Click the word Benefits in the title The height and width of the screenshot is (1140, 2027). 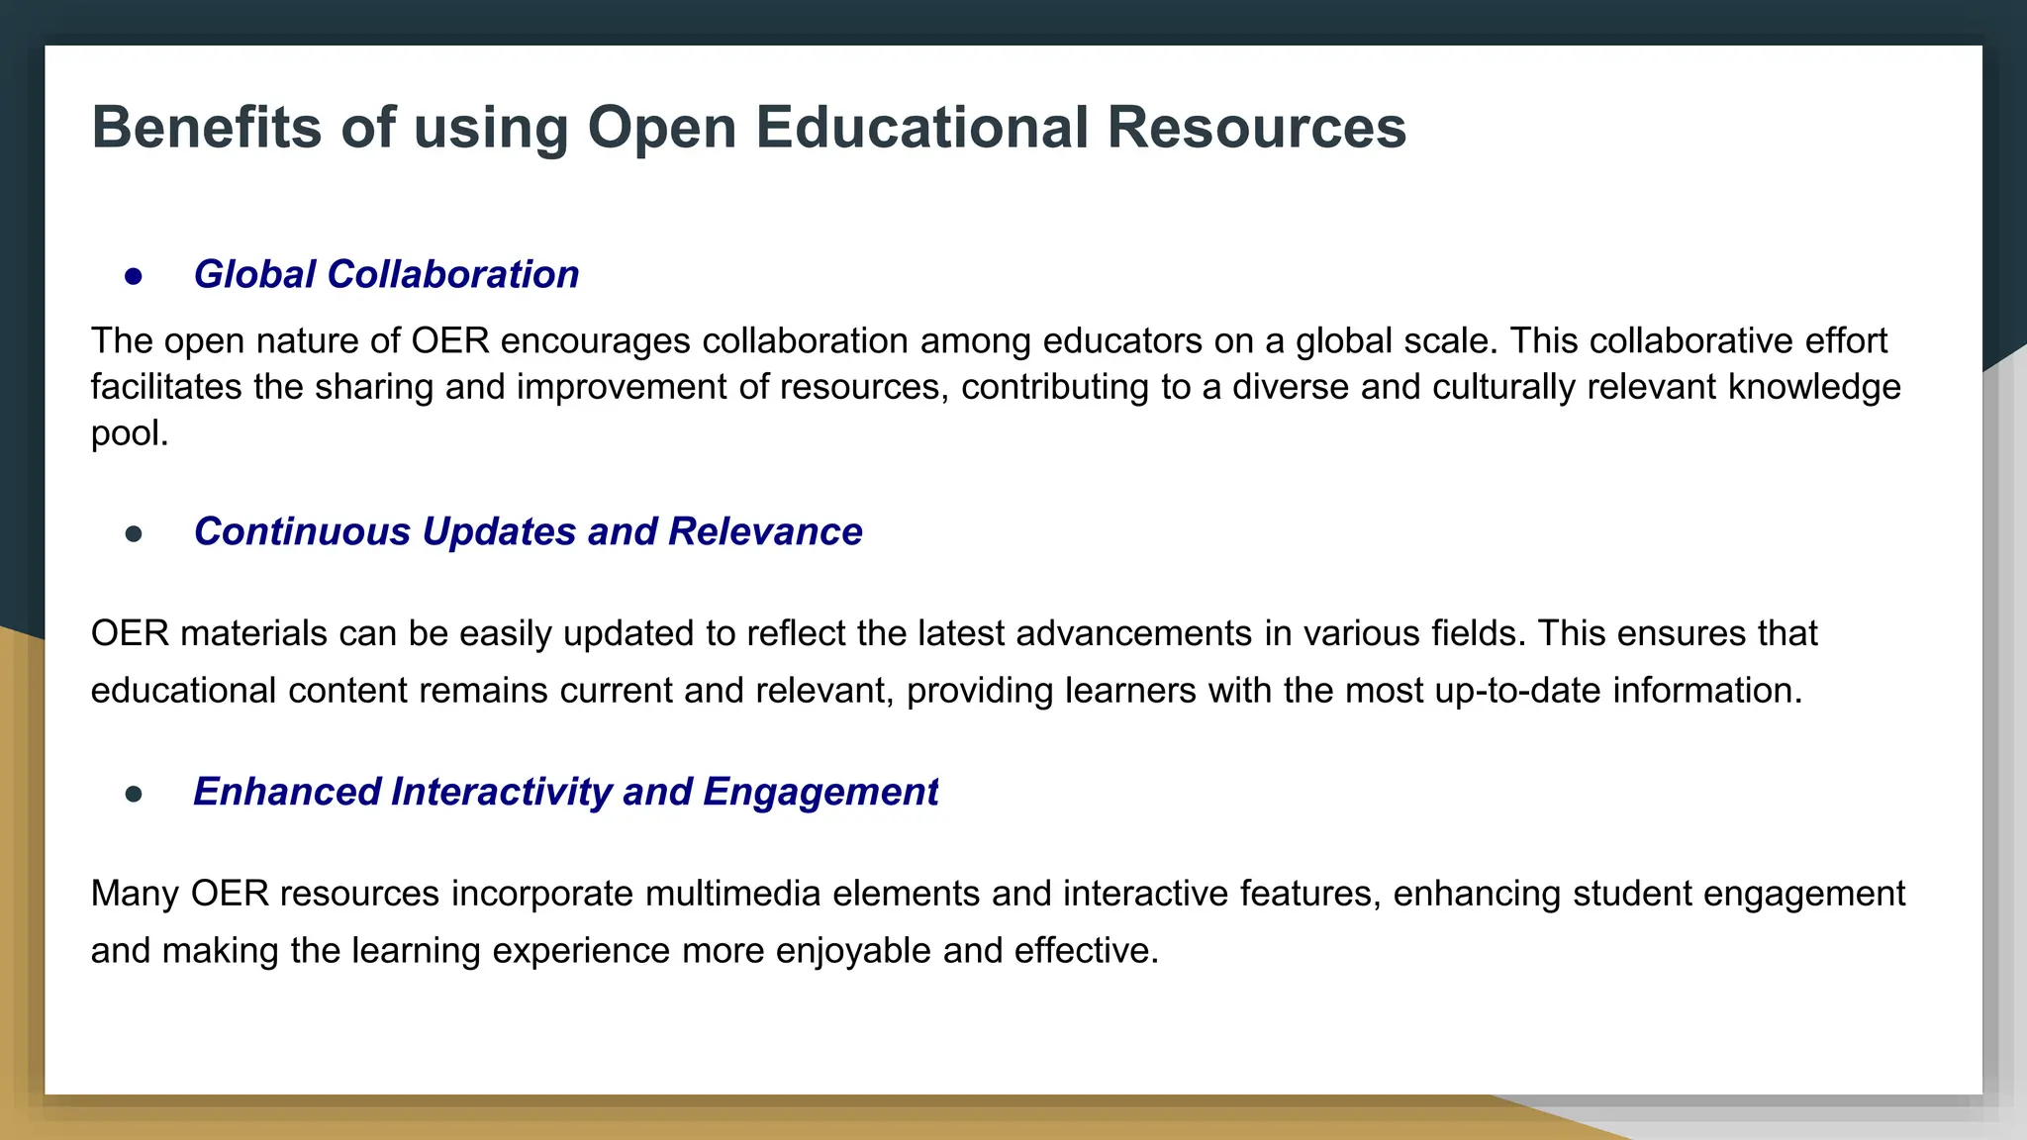point(207,128)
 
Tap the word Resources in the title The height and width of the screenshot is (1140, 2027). point(1256,128)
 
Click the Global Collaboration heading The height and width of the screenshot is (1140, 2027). point(386,274)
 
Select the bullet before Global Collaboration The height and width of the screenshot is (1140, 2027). point(134,276)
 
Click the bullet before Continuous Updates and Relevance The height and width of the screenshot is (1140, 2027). point(134,534)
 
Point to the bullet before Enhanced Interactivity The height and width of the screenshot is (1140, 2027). point(134,794)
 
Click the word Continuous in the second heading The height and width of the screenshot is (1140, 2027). point(302,531)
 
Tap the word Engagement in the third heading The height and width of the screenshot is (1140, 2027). point(820,792)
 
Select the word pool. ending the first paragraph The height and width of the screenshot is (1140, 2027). point(130,432)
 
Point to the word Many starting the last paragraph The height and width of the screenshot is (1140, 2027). point(135,893)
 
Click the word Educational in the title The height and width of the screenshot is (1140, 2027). point(921,128)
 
